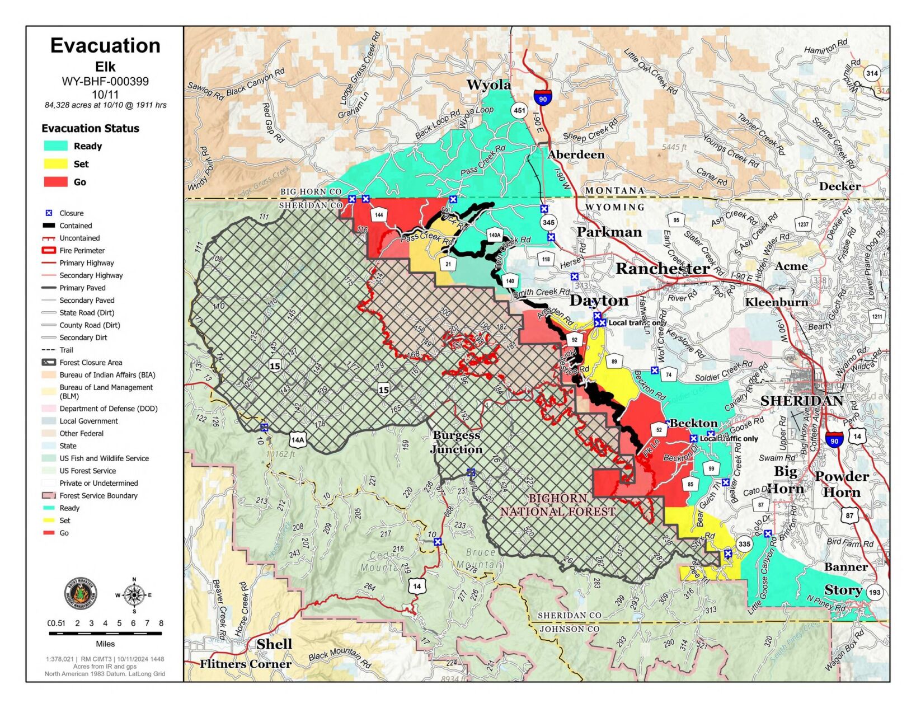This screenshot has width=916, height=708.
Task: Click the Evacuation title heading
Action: tap(105, 46)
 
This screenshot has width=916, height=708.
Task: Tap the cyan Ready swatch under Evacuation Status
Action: tap(56, 146)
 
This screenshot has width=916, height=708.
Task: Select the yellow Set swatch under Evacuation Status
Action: tap(56, 164)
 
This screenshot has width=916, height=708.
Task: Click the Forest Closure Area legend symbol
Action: tap(49, 363)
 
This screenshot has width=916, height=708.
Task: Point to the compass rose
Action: tap(134, 594)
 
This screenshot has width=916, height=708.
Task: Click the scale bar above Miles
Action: tap(105, 633)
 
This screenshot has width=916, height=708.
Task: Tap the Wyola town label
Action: tap(488, 85)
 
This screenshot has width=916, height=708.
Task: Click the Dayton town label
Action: tap(599, 301)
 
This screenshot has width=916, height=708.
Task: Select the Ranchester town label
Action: tap(663, 269)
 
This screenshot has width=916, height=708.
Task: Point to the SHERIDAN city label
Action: tap(801, 401)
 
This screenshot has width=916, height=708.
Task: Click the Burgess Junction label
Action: tap(456, 442)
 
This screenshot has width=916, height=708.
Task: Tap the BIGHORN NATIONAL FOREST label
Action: tap(558, 505)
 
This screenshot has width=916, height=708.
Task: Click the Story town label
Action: tap(843, 590)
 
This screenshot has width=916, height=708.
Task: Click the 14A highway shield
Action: tap(298, 439)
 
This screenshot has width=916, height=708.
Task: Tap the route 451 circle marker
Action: tap(519, 110)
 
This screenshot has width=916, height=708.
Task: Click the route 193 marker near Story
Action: tap(875, 592)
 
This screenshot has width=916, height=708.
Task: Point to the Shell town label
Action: tap(274, 644)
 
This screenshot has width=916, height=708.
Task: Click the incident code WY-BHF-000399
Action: tap(105, 81)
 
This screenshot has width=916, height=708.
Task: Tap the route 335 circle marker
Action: tap(744, 543)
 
